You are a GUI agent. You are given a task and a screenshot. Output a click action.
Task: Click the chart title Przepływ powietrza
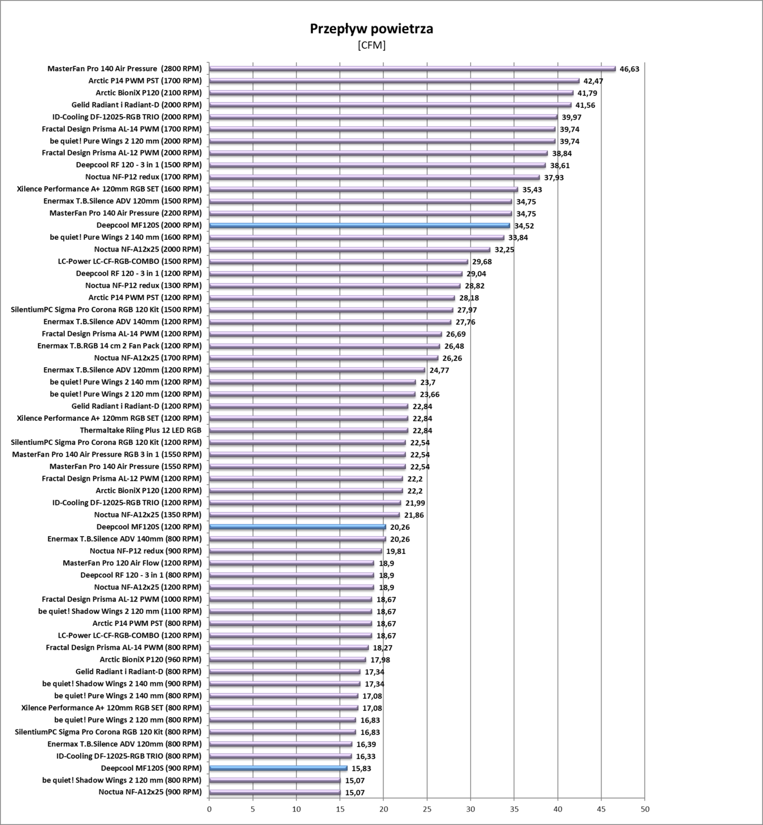tap(371, 29)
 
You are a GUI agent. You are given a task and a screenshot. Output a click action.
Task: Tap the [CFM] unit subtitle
tap(371, 45)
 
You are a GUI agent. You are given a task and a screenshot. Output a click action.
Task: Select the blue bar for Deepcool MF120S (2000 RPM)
tap(359, 225)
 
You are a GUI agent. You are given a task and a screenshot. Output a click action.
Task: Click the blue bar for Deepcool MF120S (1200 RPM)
tap(298, 527)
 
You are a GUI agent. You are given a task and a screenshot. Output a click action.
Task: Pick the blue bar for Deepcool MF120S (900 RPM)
tap(278, 768)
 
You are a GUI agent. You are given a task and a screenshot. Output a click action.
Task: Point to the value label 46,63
tap(629, 69)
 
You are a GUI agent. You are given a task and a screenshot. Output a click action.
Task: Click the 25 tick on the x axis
tap(427, 809)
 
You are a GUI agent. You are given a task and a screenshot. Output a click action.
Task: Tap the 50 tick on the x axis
tap(645, 809)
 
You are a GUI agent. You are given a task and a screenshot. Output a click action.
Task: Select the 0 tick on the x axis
tap(209, 809)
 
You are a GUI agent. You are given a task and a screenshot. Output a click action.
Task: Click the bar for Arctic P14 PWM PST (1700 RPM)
tap(394, 81)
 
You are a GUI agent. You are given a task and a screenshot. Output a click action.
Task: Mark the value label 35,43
tap(532, 190)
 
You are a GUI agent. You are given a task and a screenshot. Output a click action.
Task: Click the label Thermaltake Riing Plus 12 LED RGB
tap(140, 430)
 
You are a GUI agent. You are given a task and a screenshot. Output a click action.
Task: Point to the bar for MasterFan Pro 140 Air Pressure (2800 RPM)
tap(412, 68)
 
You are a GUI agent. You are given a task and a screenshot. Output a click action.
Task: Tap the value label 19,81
tap(396, 552)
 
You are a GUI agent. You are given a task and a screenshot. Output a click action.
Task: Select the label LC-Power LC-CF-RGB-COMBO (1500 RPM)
tap(130, 261)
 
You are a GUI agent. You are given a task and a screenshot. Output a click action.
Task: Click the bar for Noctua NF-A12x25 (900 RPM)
tap(275, 792)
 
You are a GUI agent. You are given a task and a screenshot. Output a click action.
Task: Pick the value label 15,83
tap(361, 768)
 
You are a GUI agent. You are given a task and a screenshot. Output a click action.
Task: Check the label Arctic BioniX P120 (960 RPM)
tap(150, 659)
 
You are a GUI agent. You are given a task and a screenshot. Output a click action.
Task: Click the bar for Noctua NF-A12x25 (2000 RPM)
tap(349, 249)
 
